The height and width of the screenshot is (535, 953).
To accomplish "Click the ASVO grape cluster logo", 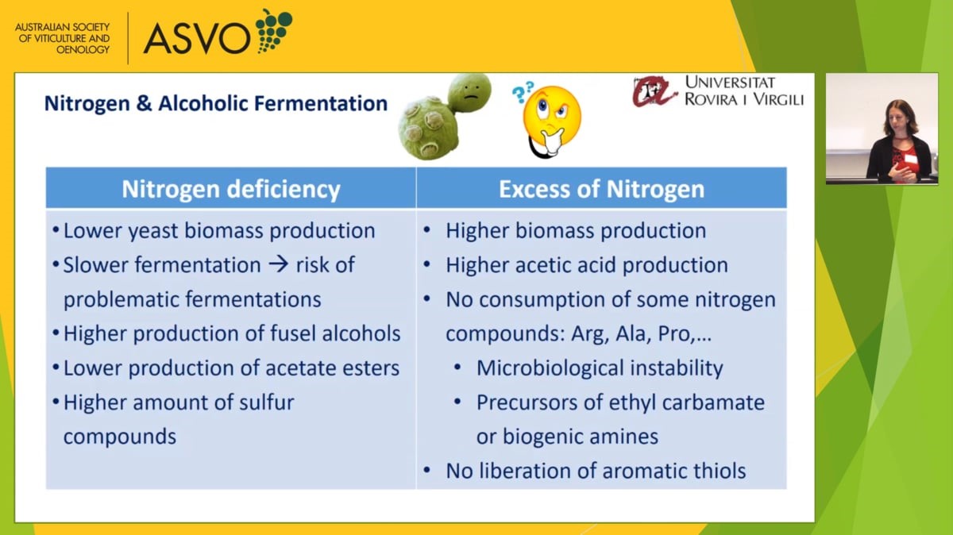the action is point(273,31).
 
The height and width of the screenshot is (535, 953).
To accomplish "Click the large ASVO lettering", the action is point(197,39).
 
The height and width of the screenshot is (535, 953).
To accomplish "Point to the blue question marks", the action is point(523,92).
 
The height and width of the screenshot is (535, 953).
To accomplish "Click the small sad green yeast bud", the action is point(469,92).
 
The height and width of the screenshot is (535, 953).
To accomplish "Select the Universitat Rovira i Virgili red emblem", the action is point(654,91).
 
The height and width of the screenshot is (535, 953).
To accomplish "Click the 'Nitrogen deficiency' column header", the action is point(231,188).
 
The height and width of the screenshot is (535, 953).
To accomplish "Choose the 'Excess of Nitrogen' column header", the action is point(602,188).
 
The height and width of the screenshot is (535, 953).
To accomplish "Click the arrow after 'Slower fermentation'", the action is point(279,264).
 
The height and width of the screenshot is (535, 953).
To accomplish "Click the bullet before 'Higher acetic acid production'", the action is point(427,264).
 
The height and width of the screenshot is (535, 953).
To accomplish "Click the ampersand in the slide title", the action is point(144,104).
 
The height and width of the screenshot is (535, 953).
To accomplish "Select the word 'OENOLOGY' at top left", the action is point(83,50).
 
